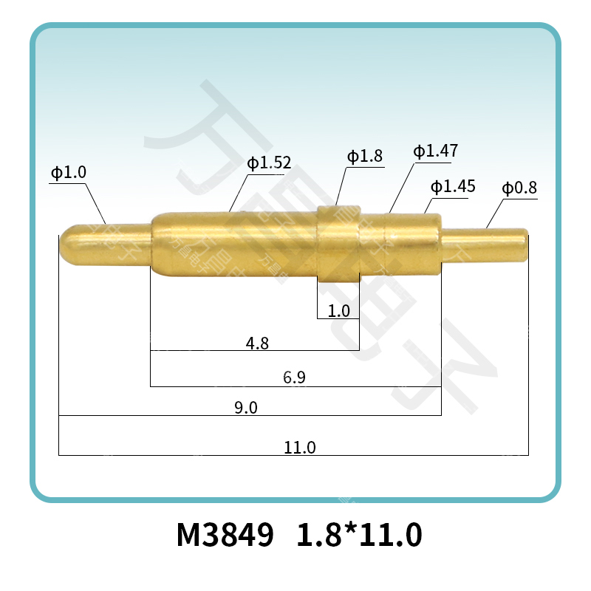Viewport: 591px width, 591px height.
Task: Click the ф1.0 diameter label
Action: coord(68,173)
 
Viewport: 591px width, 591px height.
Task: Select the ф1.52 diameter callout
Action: coord(269,163)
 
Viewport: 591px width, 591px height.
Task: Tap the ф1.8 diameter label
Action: coord(365,156)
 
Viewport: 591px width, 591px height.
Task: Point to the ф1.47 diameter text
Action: coord(435,151)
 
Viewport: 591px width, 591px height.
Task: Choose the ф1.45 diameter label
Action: coord(453,186)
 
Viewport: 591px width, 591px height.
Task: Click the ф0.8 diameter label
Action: coord(519,188)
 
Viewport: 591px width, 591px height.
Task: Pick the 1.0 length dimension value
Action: coord(339,311)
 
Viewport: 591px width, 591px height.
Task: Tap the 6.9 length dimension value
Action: coord(295,378)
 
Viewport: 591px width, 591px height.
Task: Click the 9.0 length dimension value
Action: coord(245,408)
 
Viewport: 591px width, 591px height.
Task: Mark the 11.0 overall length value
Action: coord(300,447)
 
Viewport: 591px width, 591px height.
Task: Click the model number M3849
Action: coord(225,534)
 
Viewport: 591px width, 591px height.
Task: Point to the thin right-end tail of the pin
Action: coord(488,244)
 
